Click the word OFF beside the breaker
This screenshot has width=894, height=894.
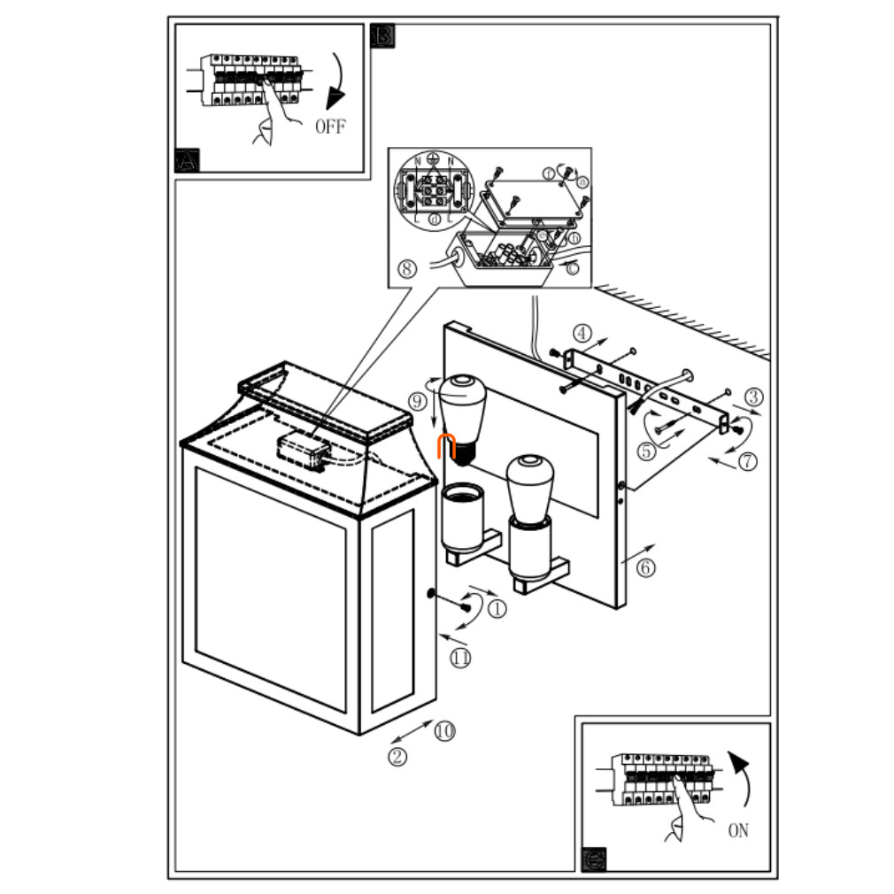click(x=330, y=126)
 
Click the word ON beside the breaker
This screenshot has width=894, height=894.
click(x=738, y=830)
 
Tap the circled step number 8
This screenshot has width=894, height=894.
click(x=406, y=268)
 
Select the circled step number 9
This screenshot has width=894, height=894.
click(x=418, y=400)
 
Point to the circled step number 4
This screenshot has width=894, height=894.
click(x=581, y=334)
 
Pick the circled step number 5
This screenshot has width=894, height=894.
click(x=645, y=451)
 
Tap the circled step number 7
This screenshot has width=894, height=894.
click(x=748, y=460)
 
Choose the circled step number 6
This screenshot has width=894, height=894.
click(x=646, y=567)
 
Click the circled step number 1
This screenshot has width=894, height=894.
click(x=497, y=609)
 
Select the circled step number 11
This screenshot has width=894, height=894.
click(x=460, y=657)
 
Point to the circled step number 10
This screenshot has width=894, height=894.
click(x=443, y=730)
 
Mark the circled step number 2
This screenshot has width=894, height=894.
click(x=399, y=756)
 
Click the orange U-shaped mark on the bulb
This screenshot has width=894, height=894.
click(x=447, y=448)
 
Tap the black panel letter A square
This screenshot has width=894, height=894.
click(x=188, y=160)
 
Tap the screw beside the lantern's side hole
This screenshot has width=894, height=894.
click(x=464, y=606)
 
